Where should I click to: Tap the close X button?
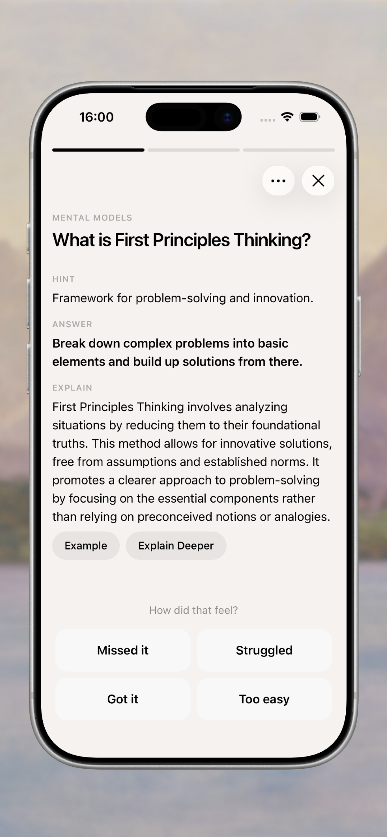(318, 181)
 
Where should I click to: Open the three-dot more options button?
(278, 181)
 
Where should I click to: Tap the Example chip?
(86, 546)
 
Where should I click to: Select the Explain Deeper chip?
(176, 546)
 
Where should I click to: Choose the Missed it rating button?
(123, 650)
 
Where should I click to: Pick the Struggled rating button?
(264, 650)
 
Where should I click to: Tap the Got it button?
(123, 699)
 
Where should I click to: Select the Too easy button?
(264, 699)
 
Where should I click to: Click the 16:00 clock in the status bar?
(96, 117)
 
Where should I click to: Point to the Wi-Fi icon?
(287, 117)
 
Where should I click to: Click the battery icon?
(310, 117)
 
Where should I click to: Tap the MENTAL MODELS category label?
(92, 218)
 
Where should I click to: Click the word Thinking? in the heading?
(272, 240)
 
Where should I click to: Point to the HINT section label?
(64, 279)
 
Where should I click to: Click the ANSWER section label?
(72, 324)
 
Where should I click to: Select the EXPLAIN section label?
(72, 388)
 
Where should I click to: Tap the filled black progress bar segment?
(99, 150)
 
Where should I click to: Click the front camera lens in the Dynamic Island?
(228, 117)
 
